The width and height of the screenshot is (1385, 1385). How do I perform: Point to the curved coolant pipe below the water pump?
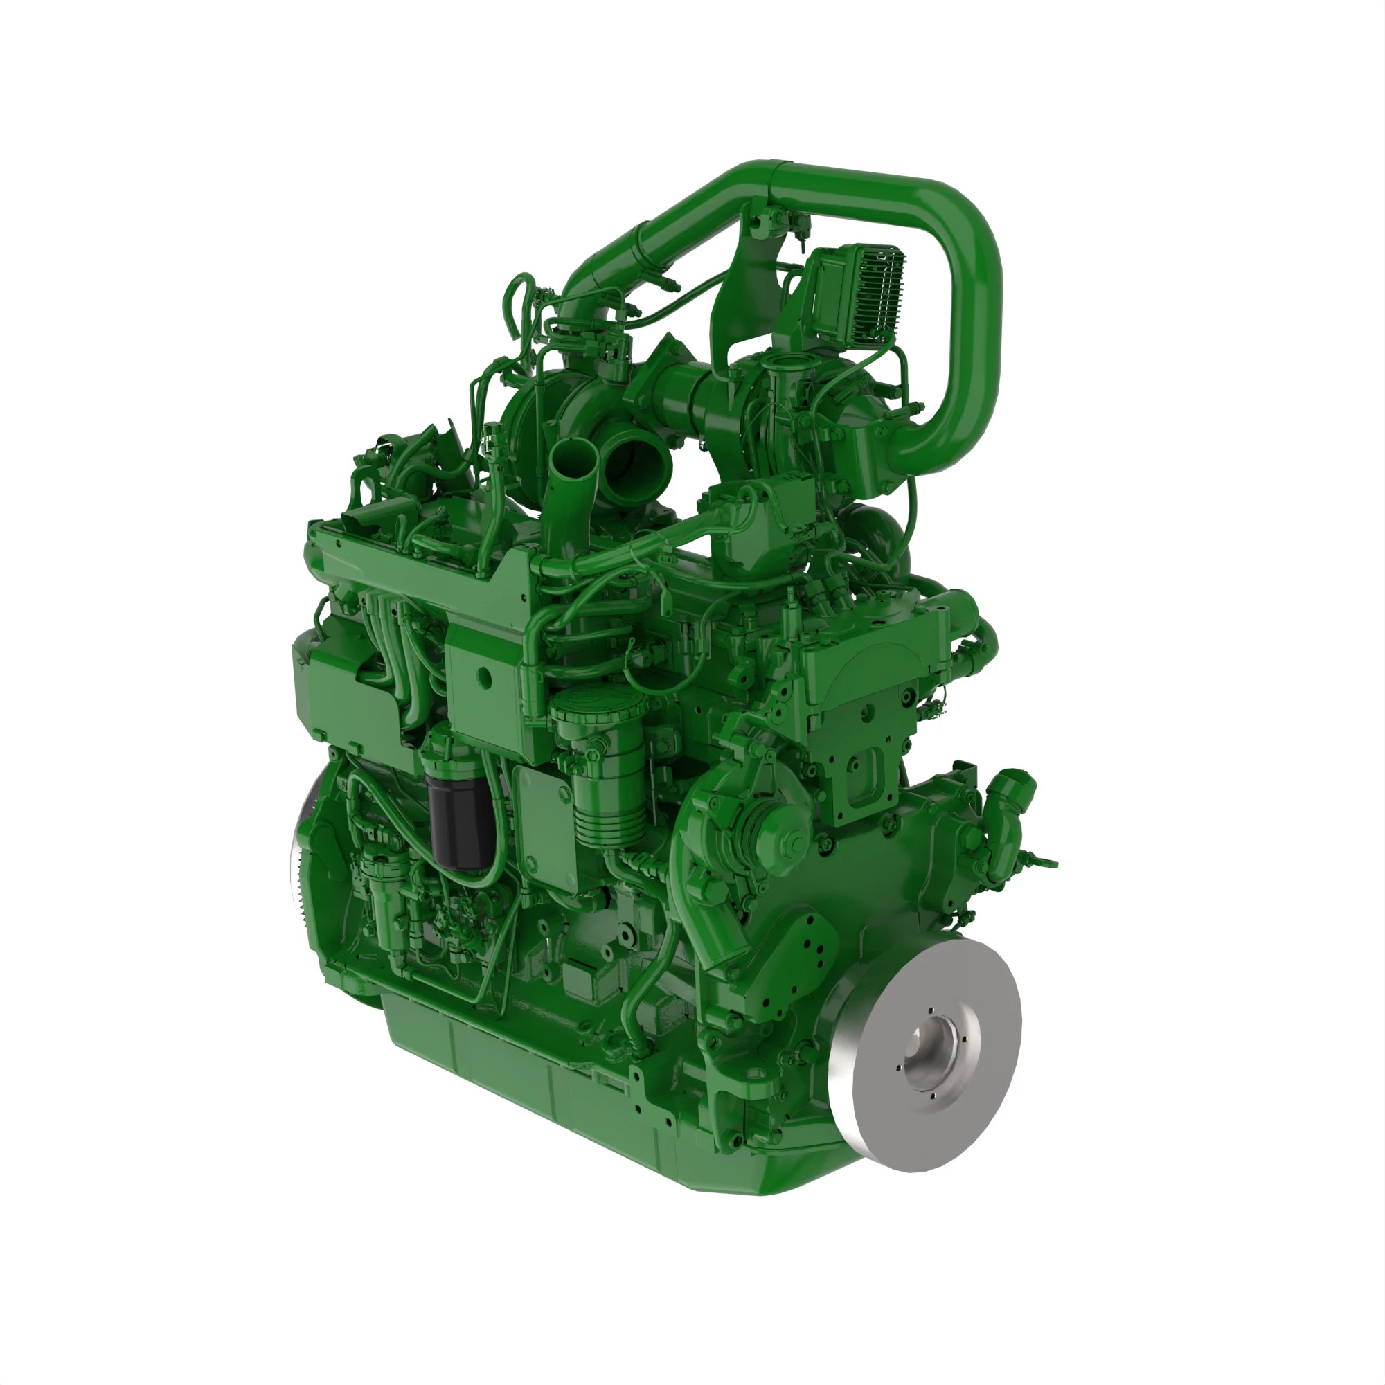[710, 932]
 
